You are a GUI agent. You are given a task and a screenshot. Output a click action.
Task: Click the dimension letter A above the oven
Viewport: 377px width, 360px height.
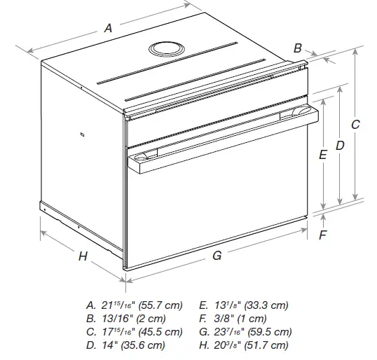(108, 28)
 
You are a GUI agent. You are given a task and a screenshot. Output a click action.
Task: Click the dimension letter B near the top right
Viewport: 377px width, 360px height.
(297, 48)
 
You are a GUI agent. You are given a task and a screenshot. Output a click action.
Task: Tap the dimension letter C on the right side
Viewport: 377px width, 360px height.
(355, 125)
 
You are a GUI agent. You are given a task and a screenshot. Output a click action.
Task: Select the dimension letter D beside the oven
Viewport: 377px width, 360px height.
(339, 145)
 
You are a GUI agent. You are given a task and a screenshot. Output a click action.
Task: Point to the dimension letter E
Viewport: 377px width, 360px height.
(322, 155)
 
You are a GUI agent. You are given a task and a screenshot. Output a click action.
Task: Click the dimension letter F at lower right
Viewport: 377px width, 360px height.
(322, 235)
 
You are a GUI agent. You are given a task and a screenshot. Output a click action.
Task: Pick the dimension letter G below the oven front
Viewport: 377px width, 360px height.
(217, 256)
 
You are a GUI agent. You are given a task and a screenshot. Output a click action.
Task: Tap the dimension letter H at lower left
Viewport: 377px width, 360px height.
(83, 256)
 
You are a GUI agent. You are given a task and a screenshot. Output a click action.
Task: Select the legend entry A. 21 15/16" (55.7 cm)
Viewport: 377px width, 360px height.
(133, 305)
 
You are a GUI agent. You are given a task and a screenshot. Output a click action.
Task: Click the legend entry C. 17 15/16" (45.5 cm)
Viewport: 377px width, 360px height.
(133, 332)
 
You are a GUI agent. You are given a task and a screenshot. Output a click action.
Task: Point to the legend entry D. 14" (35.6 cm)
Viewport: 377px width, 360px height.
(126, 345)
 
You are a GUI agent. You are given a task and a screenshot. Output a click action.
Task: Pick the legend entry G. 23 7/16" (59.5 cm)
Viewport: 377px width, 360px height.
(245, 332)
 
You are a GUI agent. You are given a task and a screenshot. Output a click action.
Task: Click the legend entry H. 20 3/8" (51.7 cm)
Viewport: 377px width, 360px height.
(243, 345)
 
